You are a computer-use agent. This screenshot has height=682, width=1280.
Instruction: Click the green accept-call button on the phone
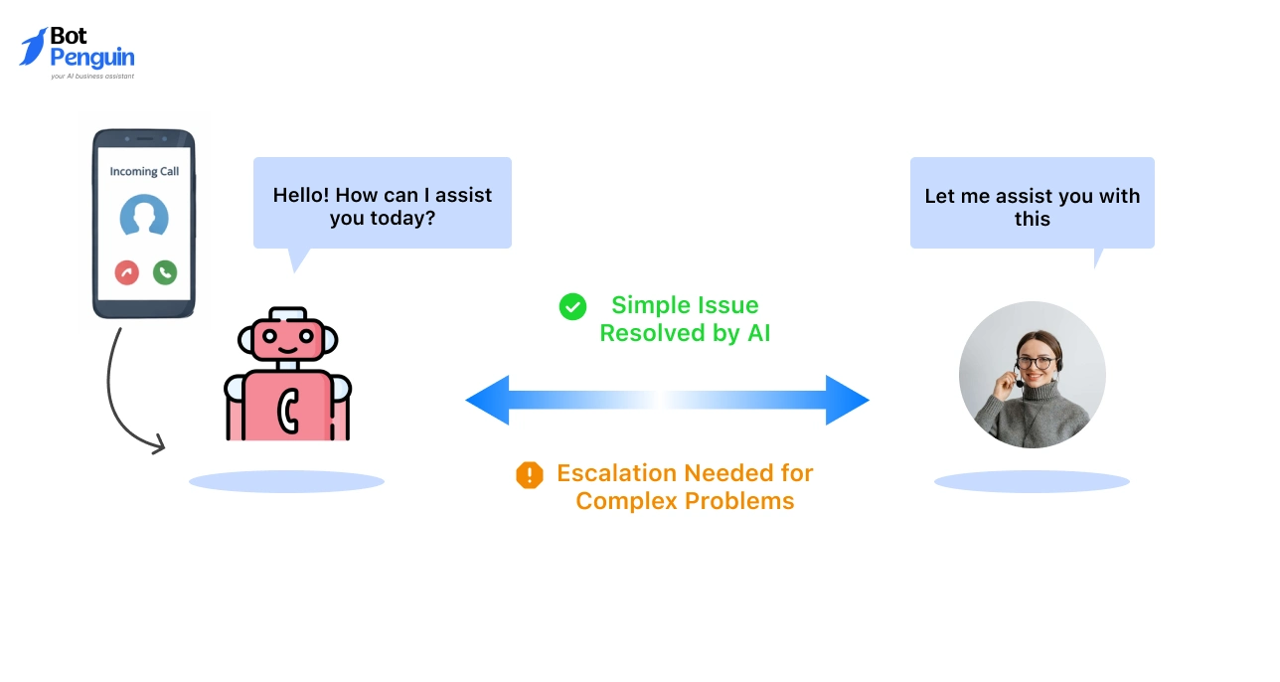coord(165,271)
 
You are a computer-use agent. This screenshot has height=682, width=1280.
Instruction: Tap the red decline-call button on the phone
coord(126,271)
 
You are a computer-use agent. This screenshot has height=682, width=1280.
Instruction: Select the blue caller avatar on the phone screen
coord(144,216)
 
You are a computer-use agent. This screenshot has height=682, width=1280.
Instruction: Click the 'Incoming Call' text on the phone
coord(144,171)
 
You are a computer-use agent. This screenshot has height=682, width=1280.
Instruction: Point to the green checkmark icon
coord(572,306)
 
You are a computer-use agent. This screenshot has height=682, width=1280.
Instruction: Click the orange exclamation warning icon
coord(530,475)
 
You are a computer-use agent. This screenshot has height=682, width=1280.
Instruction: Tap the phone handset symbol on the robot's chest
coord(288,408)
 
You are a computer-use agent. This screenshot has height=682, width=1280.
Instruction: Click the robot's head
coord(287,339)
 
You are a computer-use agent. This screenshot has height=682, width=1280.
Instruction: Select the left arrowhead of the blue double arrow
coord(488,400)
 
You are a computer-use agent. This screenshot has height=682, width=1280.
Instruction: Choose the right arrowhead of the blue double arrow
coord(847,400)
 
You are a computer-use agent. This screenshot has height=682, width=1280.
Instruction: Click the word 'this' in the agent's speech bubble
coord(1032,219)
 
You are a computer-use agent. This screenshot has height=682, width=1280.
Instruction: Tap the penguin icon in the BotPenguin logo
coord(33,47)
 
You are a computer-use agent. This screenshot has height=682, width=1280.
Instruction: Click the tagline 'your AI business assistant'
coord(92,76)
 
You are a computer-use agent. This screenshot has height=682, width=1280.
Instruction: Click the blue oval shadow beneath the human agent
coord(1032,482)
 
